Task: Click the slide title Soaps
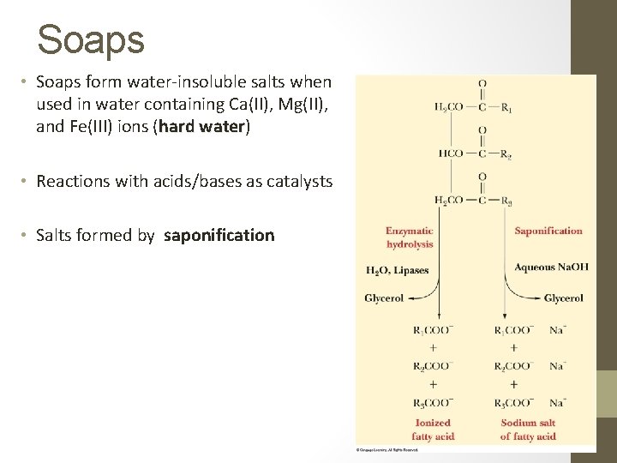coord(91,39)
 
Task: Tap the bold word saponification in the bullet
coord(219,235)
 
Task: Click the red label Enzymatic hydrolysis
coord(410,238)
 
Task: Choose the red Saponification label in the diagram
coord(548,231)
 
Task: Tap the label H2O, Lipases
coord(398,271)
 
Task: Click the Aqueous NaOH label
coord(551,268)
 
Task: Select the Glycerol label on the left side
coord(384,298)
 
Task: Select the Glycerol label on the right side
coord(563,298)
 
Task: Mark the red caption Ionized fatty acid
coord(434,430)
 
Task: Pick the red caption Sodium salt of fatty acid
coord(529,430)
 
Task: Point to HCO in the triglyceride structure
coord(451,154)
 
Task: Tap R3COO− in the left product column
coord(433,402)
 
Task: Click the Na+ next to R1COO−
coord(557,329)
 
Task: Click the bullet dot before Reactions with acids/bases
coord(26,182)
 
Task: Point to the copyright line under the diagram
coord(387,448)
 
